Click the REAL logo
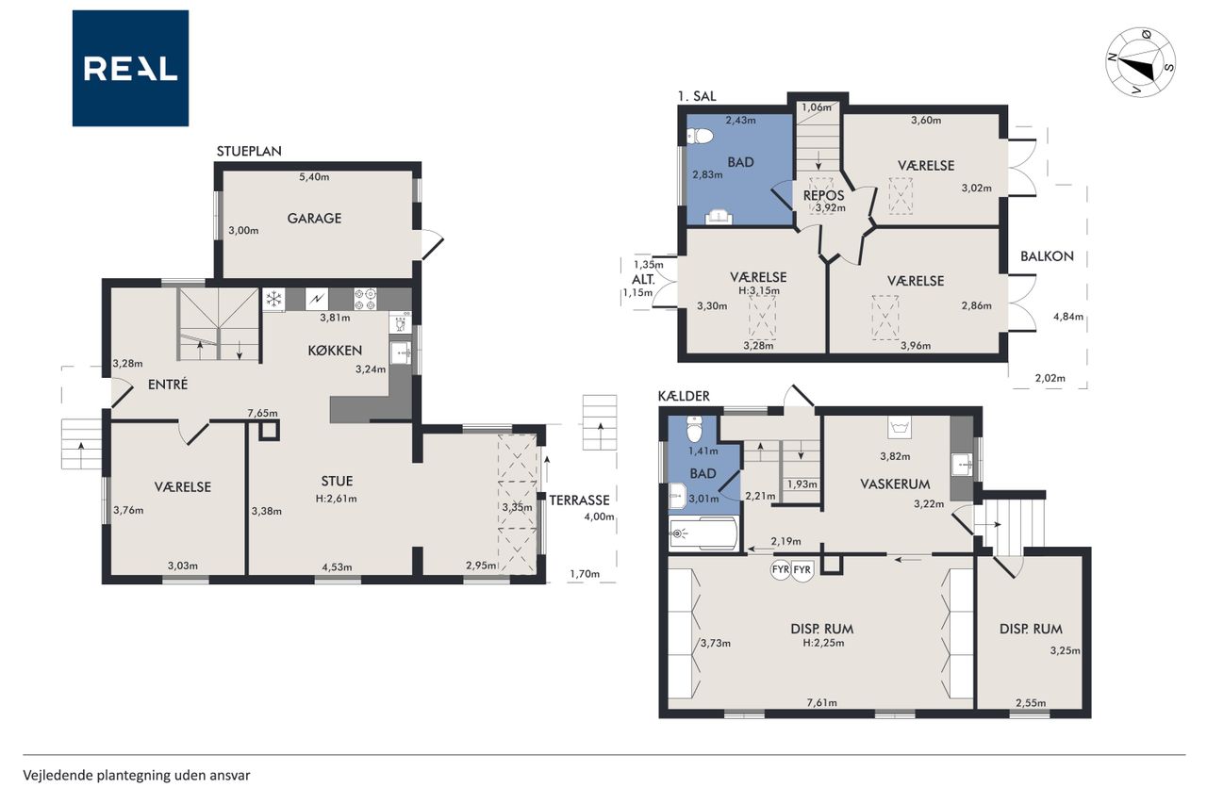point(130,69)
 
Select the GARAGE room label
point(314,218)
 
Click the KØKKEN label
point(335,351)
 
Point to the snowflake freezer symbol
point(273,300)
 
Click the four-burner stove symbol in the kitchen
point(365,300)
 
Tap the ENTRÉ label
point(168,384)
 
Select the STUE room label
point(337,481)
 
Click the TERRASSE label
point(579,500)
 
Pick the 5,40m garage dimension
point(314,176)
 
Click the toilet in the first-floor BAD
point(700,137)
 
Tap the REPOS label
point(823,195)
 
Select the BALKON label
point(1047,256)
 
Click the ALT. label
point(643,280)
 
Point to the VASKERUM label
point(895,484)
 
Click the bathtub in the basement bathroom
point(703,533)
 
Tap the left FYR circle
point(780,569)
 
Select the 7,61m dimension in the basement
point(821,702)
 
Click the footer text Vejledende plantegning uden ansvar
point(137,776)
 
